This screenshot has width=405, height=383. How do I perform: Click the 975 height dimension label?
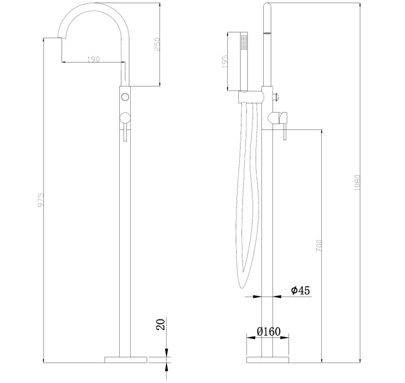tap(41, 199)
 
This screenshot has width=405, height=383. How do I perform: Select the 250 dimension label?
tap(157, 45)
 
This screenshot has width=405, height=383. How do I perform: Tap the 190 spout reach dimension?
tap(93, 59)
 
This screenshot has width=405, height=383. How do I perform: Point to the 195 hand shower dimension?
tap(225, 61)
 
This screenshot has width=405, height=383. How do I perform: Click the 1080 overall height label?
tap(357, 183)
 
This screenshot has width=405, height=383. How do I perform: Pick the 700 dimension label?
tap(319, 246)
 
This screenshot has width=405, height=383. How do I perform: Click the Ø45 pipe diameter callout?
tap(300, 290)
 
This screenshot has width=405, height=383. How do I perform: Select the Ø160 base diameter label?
tap(269, 331)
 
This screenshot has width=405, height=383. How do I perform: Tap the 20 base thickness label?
tap(160, 325)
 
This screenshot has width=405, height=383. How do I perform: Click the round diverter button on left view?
tap(125, 97)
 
